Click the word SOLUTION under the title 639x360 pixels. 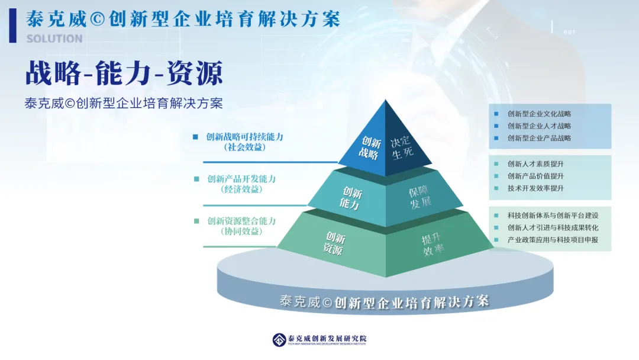[54, 38]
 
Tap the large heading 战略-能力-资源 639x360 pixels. [124, 73]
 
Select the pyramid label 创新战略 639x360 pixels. [370, 148]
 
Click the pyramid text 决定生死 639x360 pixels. [402, 147]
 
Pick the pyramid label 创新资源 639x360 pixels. [334, 243]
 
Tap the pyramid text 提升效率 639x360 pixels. [433, 245]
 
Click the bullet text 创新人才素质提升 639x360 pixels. [535, 164]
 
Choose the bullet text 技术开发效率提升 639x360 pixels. [535, 188]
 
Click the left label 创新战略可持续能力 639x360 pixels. [244, 137]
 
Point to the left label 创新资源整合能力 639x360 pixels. [241, 221]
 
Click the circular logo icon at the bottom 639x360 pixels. [279, 340]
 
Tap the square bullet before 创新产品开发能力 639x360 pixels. [196, 179]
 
